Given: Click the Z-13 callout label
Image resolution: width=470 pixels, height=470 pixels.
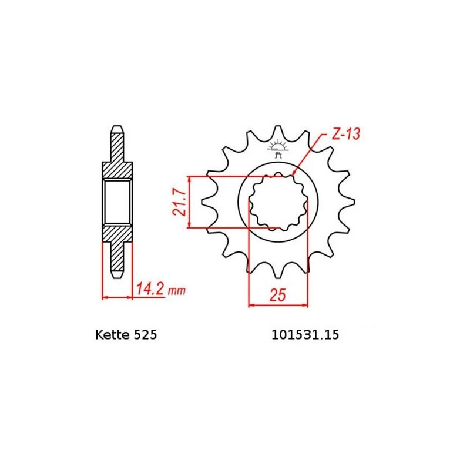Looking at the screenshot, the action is [x=346, y=134].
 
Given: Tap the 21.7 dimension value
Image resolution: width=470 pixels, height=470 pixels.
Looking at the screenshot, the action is [x=179, y=202].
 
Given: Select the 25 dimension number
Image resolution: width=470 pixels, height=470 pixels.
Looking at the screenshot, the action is [x=278, y=295].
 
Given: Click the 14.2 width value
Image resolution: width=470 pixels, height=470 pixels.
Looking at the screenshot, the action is [x=150, y=289].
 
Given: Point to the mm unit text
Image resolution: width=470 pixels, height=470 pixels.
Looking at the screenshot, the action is [x=177, y=290].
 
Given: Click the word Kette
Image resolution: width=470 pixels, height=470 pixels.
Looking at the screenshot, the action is [x=113, y=334].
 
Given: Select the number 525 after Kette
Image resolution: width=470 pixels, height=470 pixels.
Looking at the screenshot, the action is [x=145, y=334].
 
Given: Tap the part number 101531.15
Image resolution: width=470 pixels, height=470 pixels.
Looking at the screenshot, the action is [x=305, y=334].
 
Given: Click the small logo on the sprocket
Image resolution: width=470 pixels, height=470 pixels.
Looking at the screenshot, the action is [x=278, y=148].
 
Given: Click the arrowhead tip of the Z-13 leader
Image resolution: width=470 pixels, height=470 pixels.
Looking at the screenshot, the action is [x=293, y=175].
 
